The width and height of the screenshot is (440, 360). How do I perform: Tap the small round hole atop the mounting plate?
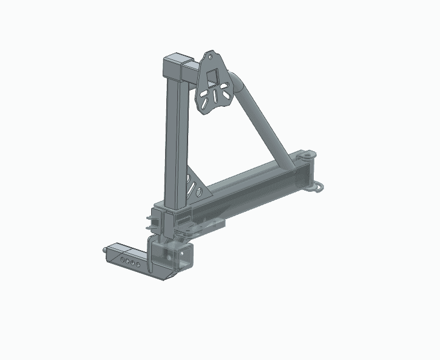tap(211, 58)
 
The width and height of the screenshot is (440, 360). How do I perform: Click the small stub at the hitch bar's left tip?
tap(106, 249)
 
